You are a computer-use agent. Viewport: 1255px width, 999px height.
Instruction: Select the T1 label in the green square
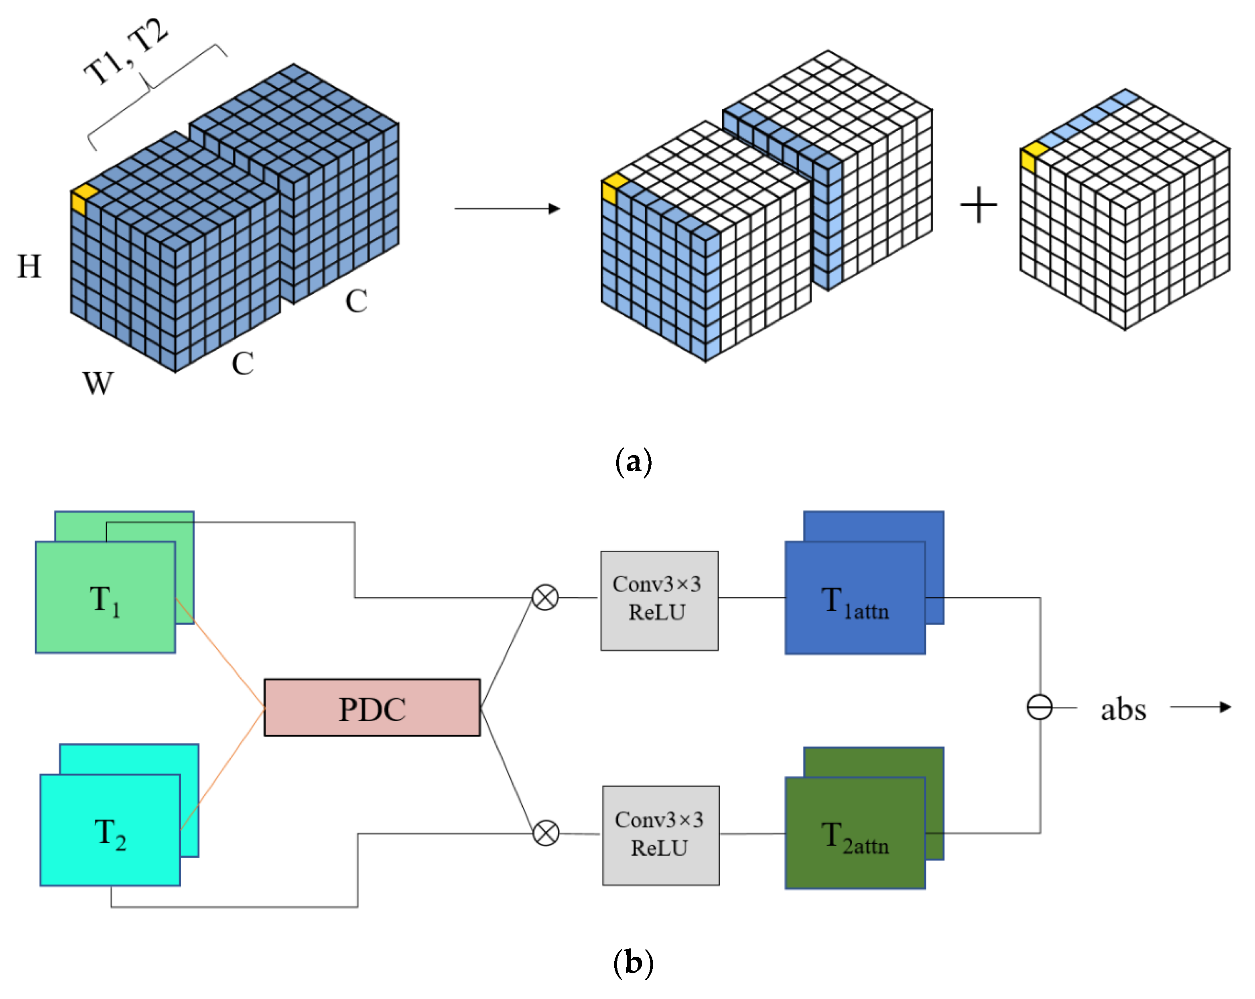coord(105,601)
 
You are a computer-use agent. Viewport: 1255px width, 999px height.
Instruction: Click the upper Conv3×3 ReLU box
coord(659,600)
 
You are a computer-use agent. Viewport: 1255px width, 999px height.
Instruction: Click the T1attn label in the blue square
coord(855,603)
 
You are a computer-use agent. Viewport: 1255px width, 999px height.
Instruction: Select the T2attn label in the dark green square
coord(855,838)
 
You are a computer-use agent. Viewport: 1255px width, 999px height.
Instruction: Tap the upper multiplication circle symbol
coord(545,597)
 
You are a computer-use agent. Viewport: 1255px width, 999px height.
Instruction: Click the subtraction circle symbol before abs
coord(1039,707)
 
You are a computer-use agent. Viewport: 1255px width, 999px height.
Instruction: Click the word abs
coord(1123,710)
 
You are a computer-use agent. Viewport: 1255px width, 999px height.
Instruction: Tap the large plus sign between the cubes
coord(979,205)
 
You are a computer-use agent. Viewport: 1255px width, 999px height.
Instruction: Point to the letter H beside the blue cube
coord(29,267)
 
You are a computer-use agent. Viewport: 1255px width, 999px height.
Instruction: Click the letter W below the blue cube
coord(98,383)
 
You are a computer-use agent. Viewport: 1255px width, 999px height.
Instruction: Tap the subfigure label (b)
coord(634,964)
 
